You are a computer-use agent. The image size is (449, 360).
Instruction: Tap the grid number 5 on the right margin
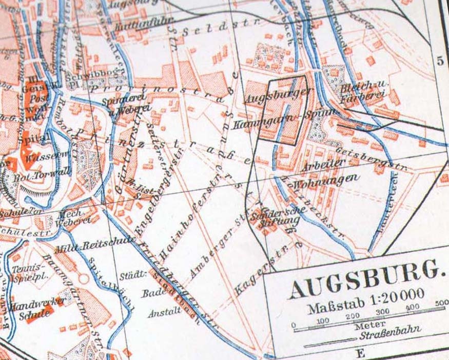tap(440, 61)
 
